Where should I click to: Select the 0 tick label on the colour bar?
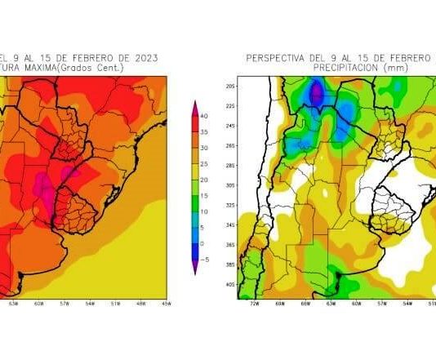[204, 244]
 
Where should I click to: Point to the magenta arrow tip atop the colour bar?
[195, 104]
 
